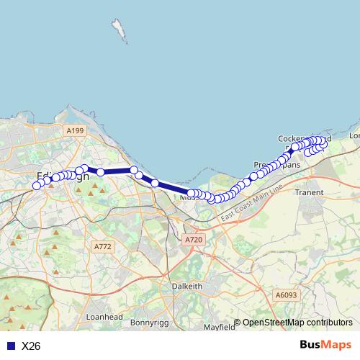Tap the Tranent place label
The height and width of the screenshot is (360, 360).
310,193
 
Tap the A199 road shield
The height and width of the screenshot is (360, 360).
74,130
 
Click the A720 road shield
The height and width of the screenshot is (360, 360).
194,239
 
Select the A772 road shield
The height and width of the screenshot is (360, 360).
103,246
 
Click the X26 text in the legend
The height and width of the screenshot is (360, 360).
31,346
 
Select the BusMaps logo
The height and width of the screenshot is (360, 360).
325,346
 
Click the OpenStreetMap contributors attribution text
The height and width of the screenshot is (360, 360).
297,323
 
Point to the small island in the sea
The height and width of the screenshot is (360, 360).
118,30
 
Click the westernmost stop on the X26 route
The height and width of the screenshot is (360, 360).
37,186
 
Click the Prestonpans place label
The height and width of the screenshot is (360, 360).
277,165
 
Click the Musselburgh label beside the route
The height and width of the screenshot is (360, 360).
189,197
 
